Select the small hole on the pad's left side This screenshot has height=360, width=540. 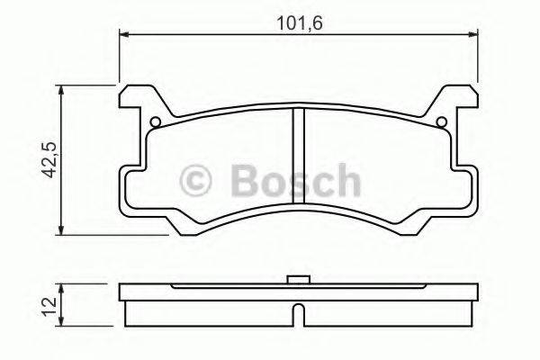[155, 123]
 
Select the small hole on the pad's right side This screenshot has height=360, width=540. [442, 123]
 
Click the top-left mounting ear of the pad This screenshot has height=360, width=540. [135, 99]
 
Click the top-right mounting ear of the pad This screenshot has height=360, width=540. [462, 99]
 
